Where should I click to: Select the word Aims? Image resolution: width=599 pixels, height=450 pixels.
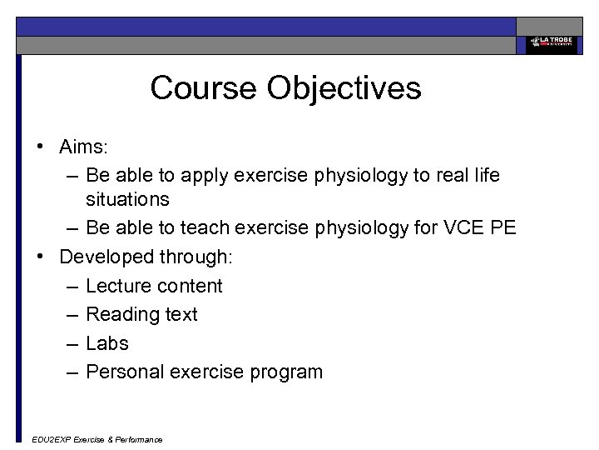pyautogui.click(x=84, y=147)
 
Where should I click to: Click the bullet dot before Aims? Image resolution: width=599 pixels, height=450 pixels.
pyautogui.click(x=39, y=147)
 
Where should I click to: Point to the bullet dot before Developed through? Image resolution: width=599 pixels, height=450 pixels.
pyautogui.click(x=39, y=257)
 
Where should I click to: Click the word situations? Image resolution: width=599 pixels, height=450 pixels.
pyautogui.click(x=127, y=200)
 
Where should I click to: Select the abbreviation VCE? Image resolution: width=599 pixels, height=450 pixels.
pyautogui.click(x=458, y=228)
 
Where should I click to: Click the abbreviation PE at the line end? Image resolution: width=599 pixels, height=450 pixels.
pyautogui.click(x=502, y=228)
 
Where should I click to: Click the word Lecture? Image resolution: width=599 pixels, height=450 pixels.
pyautogui.click(x=117, y=286)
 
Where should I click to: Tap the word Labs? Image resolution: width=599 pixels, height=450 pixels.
pyautogui.click(x=107, y=343)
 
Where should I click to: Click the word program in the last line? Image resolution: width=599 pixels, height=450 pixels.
pyautogui.click(x=285, y=372)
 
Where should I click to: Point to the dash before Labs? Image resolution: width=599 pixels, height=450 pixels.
pyautogui.click(x=71, y=343)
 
